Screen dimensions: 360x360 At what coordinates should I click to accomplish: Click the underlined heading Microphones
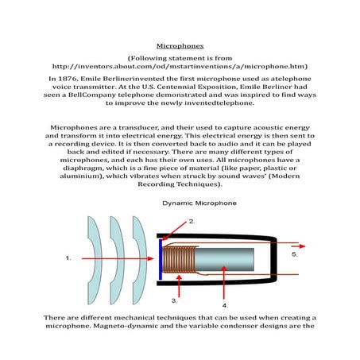coord(180,46)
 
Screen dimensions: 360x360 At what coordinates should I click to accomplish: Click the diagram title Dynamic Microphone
coord(199,203)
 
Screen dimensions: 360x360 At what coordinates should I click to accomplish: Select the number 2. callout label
coord(192,220)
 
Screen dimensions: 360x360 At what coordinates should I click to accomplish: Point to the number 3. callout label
coord(175,301)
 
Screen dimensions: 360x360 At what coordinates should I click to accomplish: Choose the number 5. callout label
coord(294,254)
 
